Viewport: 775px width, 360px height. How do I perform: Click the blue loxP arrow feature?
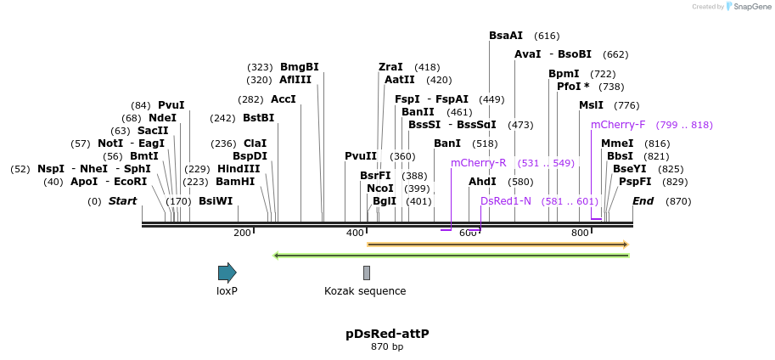tap(227, 273)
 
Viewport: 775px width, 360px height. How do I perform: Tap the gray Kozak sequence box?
tap(367, 273)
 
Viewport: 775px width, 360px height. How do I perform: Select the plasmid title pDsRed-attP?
tap(387, 334)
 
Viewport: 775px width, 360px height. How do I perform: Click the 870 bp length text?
tap(387, 346)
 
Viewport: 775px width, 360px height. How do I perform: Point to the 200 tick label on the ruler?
tap(242, 233)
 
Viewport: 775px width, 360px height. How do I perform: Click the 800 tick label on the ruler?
tap(580, 233)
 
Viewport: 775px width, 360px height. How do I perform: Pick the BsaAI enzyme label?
tap(506, 36)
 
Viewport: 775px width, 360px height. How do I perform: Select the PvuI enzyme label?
tap(171, 105)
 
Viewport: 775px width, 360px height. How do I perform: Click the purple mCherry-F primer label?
tap(618, 125)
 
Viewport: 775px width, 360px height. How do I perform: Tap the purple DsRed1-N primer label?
tap(506, 201)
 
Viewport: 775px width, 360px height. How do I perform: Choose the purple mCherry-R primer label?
tap(478, 163)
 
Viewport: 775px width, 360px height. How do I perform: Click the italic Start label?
tap(122, 201)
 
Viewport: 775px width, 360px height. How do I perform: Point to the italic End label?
tap(643, 201)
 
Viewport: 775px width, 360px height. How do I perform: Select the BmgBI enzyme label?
tap(300, 67)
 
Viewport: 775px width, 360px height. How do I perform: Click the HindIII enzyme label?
tap(239, 169)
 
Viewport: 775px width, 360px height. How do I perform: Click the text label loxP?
tap(227, 291)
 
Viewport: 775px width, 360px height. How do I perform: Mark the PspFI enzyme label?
tap(635, 182)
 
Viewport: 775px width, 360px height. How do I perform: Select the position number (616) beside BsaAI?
tap(547, 36)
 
